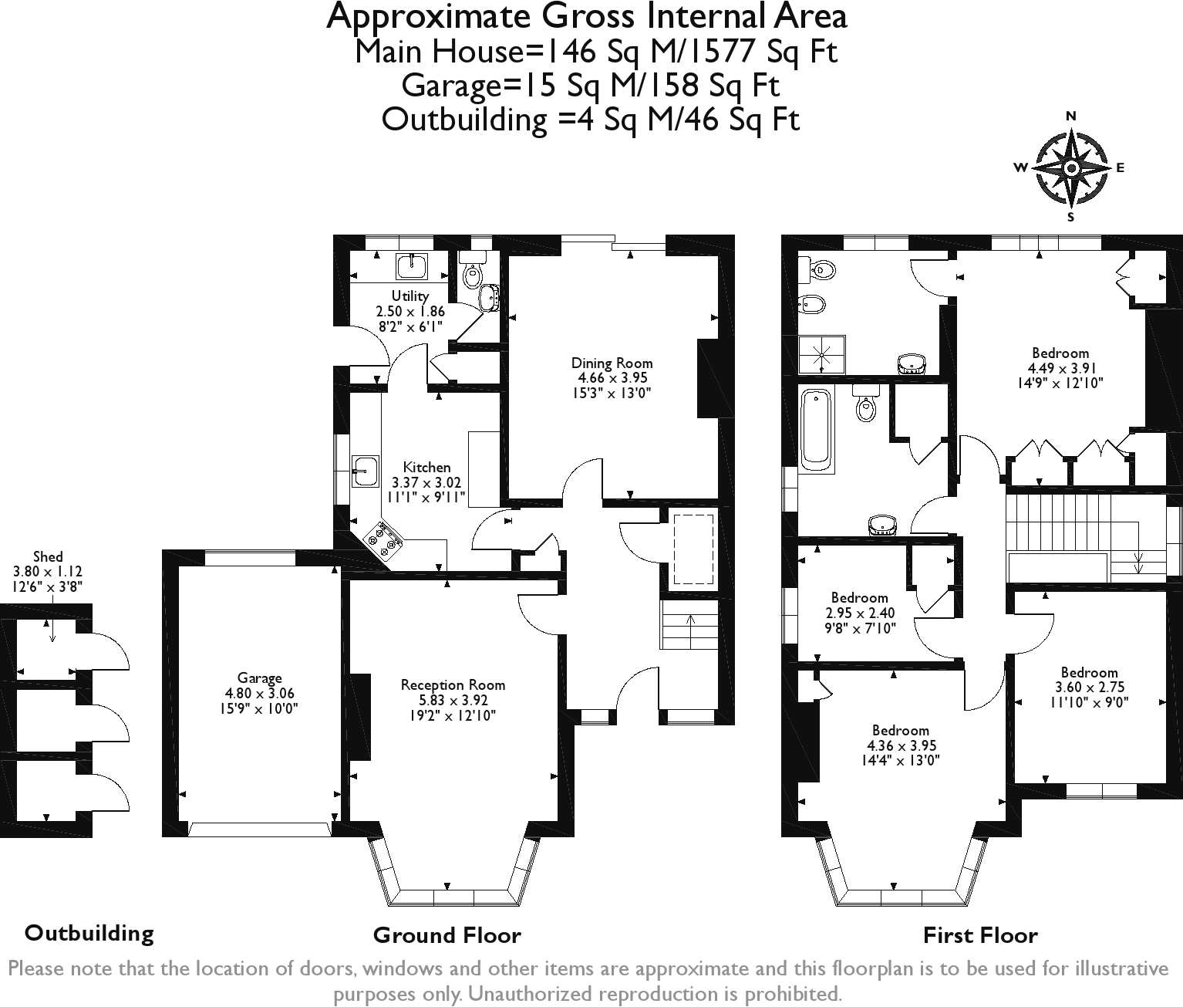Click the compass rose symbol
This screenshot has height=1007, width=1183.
[1071, 167]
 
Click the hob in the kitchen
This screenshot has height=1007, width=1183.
[384, 539]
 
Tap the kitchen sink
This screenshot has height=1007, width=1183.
[365, 471]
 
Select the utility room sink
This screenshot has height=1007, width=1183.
[412, 266]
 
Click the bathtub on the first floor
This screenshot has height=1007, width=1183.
[816, 430]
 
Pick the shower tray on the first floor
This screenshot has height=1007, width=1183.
[822, 354]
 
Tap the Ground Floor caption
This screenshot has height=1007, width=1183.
[447, 935]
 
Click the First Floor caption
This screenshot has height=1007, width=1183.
[980, 935]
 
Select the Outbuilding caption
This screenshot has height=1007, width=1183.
[89, 933]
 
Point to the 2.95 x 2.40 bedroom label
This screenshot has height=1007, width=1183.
[860, 613]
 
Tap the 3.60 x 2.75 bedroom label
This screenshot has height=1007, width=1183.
[1089, 687]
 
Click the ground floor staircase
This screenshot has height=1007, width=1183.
[689, 624]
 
